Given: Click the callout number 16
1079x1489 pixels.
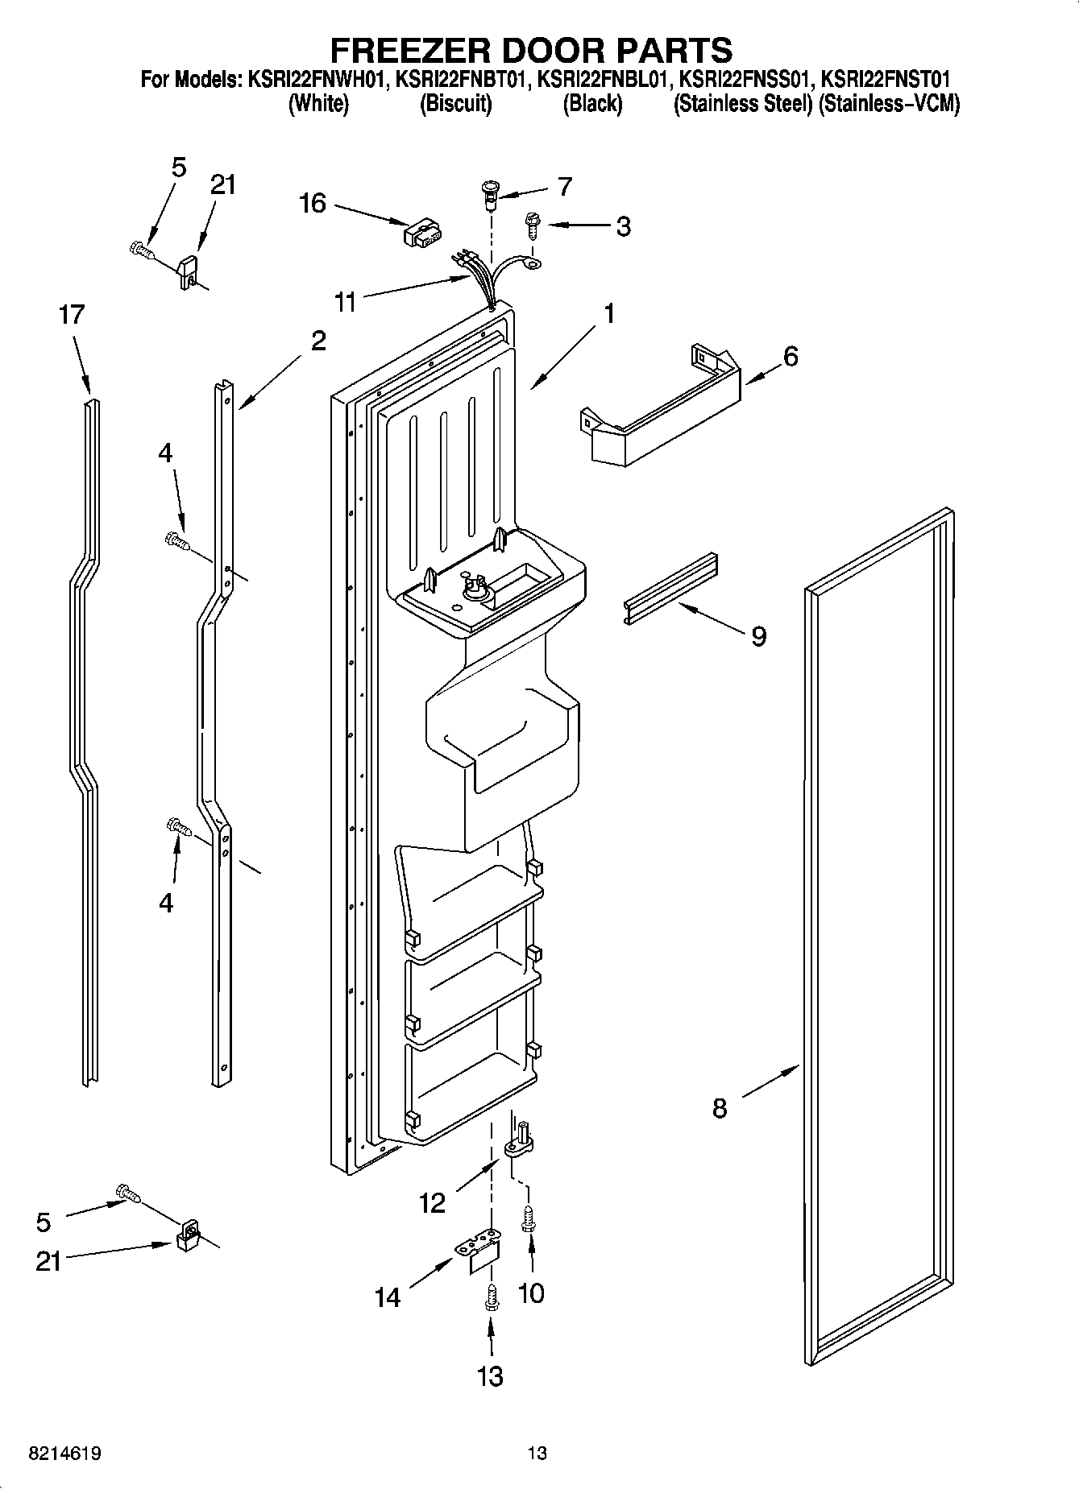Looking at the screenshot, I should coord(312,204).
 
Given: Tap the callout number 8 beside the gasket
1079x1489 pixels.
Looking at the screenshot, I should coord(720,1109).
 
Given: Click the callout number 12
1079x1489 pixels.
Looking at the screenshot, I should coord(432,1203).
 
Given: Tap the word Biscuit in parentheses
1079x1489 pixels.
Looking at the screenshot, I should coord(456,104).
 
